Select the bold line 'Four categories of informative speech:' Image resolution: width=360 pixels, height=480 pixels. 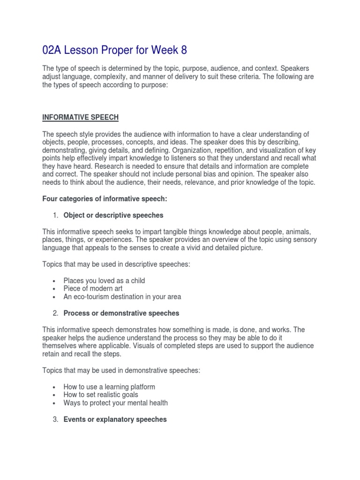tap(105, 199)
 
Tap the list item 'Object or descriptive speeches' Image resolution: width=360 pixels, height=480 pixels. tap(113, 215)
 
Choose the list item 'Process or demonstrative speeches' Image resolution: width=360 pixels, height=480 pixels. tap(121, 313)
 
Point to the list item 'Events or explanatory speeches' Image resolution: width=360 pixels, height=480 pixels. tap(115, 420)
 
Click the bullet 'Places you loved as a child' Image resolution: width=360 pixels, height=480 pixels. tap(104, 280)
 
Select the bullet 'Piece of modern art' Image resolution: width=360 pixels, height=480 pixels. tap(93, 288)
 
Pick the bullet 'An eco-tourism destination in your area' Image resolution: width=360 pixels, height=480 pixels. tap(122, 297)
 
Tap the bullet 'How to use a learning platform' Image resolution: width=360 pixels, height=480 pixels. tap(109, 387)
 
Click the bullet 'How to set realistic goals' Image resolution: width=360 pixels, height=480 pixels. tap(101, 395)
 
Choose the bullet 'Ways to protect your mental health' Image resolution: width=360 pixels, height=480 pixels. tap(116, 403)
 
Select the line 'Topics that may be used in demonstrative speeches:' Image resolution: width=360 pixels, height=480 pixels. tap(121, 370)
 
